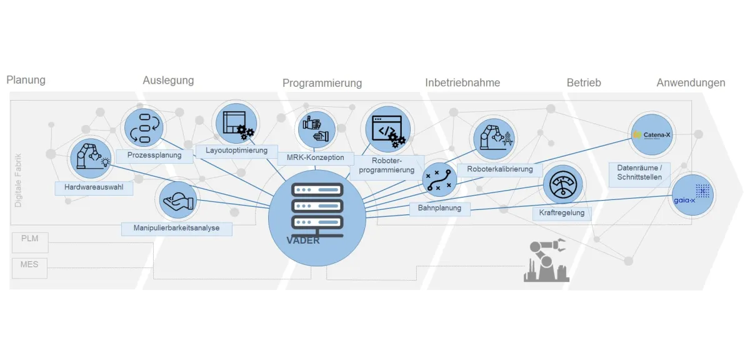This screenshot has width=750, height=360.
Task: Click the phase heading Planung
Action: [x=26, y=80]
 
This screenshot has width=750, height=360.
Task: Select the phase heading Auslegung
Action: [x=168, y=80]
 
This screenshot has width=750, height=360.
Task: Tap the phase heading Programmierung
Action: [x=322, y=83]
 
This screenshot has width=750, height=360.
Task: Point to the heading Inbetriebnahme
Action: [x=462, y=82]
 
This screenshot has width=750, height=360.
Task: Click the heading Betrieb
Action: [x=584, y=82]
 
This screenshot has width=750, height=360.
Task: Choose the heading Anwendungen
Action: [x=691, y=82]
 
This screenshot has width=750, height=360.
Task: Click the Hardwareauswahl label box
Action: [x=94, y=187]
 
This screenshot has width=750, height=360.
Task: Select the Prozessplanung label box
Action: [x=154, y=155]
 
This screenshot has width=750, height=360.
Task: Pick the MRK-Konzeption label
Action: [x=315, y=157]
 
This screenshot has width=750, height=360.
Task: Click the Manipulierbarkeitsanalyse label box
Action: [x=176, y=228]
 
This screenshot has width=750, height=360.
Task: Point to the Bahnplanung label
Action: [x=439, y=208]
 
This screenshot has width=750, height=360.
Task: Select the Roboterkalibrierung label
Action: [x=499, y=169]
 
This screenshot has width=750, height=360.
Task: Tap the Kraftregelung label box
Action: [x=562, y=213]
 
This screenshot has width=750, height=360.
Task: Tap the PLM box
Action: [x=29, y=239]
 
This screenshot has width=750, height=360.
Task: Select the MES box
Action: [x=29, y=265]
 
